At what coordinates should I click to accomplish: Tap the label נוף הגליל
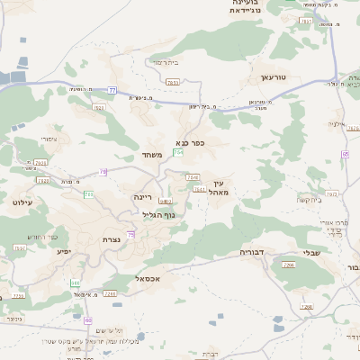tap(158, 214)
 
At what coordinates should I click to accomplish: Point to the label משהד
tap(150, 156)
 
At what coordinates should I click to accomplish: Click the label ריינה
tap(145, 195)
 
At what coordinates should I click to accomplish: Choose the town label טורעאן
tap(273, 77)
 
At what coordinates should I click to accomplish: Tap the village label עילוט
tap(22, 202)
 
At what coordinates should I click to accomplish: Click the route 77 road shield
tap(112, 90)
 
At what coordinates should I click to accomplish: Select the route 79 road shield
tap(103, 171)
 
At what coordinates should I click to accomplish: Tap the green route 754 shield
tap(178, 152)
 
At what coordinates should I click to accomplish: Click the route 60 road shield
tap(87, 319)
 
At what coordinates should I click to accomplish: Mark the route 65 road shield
tap(345, 154)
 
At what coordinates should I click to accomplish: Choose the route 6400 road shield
tap(166, 201)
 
